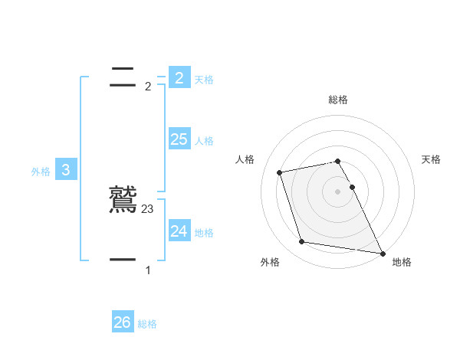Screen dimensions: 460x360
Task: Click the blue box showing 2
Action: (179, 77)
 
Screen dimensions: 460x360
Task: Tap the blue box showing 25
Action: (179, 139)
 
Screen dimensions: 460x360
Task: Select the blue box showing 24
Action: (179, 231)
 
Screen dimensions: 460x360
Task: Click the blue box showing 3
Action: (66, 170)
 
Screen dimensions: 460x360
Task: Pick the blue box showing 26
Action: (123, 322)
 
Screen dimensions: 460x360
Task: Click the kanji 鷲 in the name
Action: (123, 200)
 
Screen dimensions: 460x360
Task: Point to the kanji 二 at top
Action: (123, 77)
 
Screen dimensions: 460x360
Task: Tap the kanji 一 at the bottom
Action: (123, 260)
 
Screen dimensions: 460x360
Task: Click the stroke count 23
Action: (148, 208)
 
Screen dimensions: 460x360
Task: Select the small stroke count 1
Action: (148, 270)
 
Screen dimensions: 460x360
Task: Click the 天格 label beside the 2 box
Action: (204, 80)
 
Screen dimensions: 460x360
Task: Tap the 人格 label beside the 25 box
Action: (204, 141)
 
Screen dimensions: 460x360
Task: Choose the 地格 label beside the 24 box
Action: (204, 233)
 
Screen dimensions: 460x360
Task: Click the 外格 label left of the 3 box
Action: (41, 172)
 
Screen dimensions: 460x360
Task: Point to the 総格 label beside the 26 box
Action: (147, 325)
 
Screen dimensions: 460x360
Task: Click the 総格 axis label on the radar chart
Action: (338, 100)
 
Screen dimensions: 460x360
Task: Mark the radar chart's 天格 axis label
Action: (431, 159)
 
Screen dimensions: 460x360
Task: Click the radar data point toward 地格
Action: (382, 252)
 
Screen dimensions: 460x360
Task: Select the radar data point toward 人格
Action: (280, 172)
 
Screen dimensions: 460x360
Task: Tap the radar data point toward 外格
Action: (302, 242)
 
